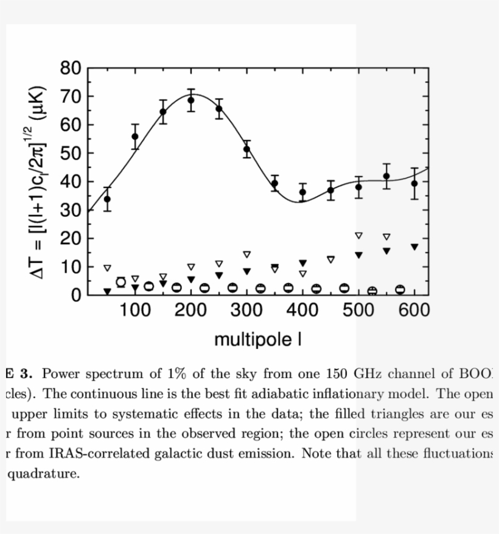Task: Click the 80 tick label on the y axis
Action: tap(70, 68)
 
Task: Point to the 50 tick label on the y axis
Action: tap(70, 153)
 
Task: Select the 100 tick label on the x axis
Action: tap(134, 311)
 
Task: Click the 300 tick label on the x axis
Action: tap(246, 311)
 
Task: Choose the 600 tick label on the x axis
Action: tap(414, 311)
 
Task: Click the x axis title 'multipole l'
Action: tap(258, 340)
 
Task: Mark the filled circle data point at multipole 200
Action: tap(190, 100)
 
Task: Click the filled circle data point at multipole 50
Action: tap(107, 199)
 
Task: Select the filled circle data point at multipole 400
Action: tap(302, 192)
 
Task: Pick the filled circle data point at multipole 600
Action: tap(414, 183)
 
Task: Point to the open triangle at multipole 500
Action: tap(358, 236)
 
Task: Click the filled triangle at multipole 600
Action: tap(414, 247)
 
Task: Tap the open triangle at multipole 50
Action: tap(107, 269)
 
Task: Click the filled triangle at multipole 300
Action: tap(246, 272)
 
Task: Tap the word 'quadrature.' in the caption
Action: tap(43, 474)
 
